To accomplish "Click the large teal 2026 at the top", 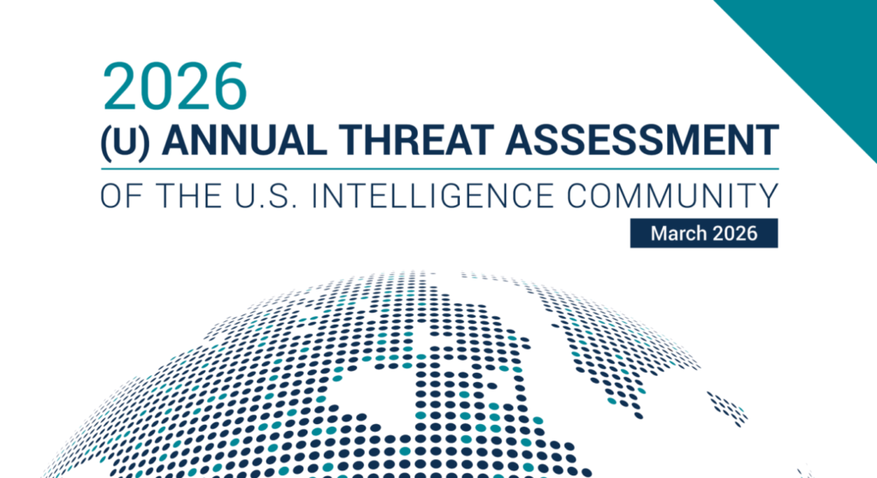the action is tap(175, 86).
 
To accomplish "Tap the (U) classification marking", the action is tap(125, 141).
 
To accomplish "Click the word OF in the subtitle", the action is tap(123, 196).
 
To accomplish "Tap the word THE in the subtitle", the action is tap(188, 196).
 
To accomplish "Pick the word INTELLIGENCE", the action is tap(433, 196).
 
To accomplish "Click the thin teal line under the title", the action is tap(439, 169).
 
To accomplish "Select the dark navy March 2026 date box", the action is tap(704, 233).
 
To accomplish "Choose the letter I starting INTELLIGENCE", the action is tap(314, 196).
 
